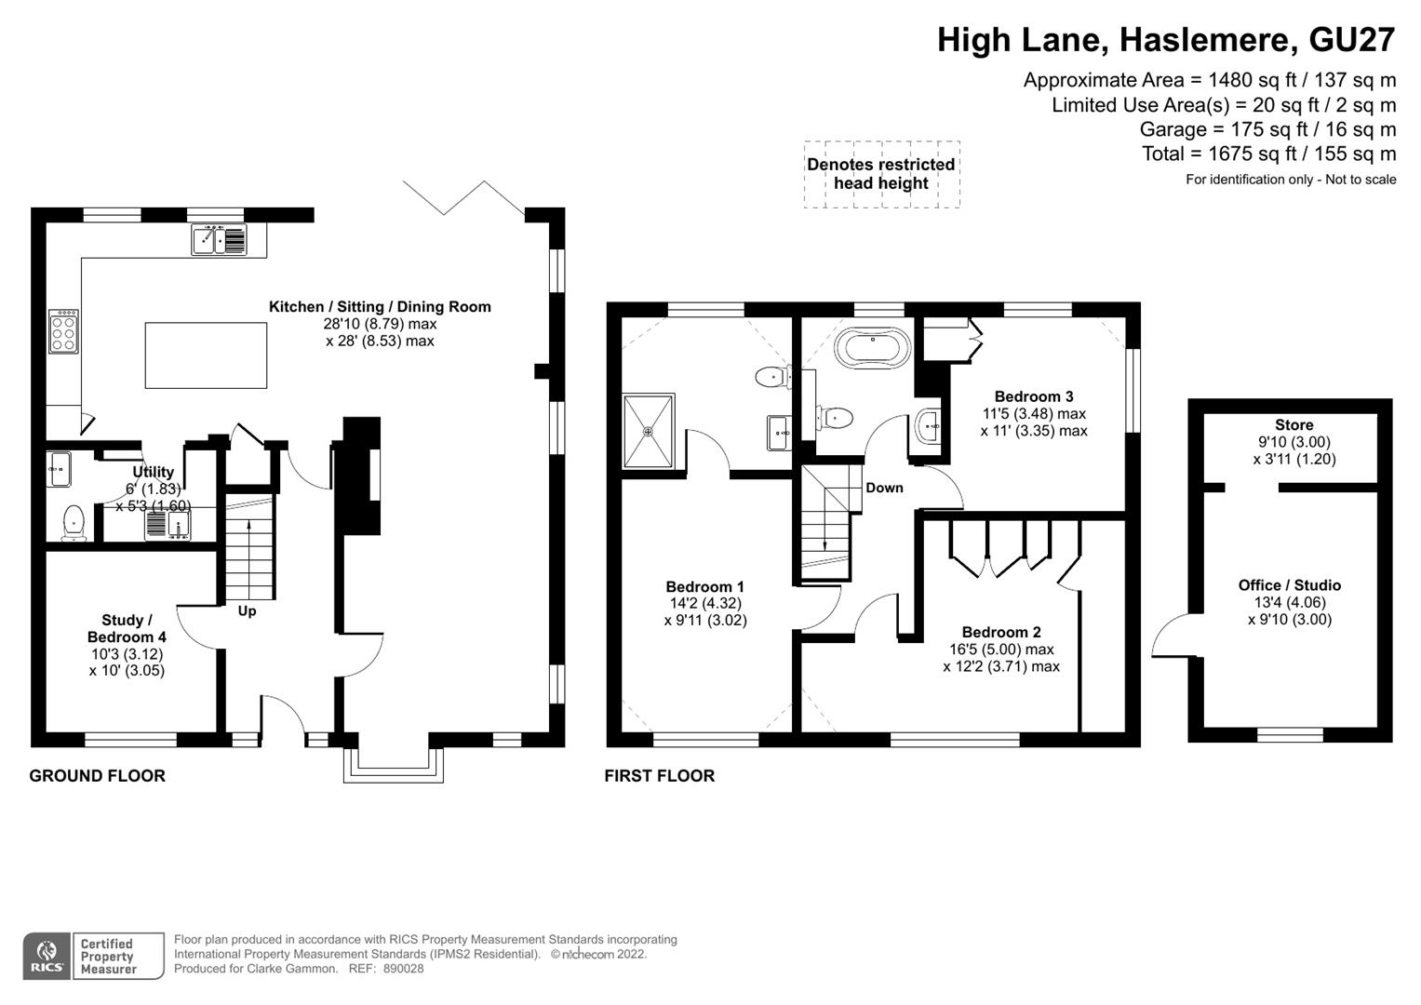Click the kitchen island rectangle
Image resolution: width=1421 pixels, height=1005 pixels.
coord(206,355)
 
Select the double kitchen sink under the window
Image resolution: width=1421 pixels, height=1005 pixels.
coord(220,240)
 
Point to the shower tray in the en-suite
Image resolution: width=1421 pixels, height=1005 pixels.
coord(649,431)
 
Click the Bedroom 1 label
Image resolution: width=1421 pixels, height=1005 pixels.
coord(704,586)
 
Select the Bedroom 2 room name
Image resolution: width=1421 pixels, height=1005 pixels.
coord(1001,632)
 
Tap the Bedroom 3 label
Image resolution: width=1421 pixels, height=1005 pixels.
coord(1033,396)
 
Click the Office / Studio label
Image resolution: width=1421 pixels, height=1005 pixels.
coord(1289,585)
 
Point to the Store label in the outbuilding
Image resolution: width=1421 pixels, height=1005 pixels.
coord(1294,425)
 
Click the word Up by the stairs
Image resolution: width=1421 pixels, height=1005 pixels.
coord(247,611)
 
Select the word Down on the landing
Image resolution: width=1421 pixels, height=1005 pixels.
coord(884,488)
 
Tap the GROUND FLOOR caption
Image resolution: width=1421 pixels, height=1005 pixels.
coord(97,776)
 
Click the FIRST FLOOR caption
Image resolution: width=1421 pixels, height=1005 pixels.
coord(659,776)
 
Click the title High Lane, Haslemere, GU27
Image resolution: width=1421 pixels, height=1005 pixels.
coord(1165,40)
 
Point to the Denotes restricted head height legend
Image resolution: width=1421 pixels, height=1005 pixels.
coord(880,174)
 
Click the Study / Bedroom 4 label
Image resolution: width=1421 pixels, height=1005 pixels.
coord(127,628)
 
